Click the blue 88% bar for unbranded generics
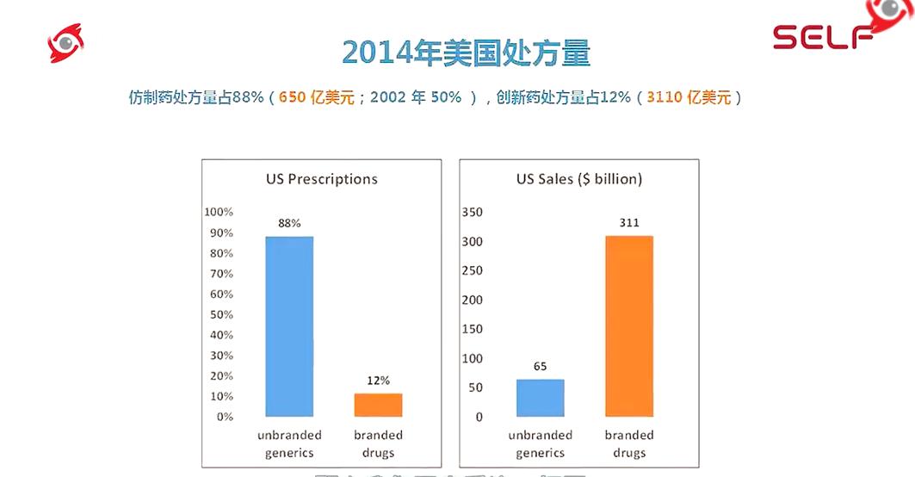coord(289,326)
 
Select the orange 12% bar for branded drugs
coord(378,405)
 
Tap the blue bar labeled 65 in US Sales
coord(540,398)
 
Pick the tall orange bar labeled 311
coord(629,326)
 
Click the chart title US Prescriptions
coord(321,179)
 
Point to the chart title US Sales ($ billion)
coord(578,179)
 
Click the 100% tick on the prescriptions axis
coord(219,212)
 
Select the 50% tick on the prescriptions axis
coord(220,314)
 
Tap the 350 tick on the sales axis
coord(473,212)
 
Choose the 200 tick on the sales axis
coord(473,300)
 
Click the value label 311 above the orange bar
coord(629,223)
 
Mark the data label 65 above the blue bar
coord(540,367)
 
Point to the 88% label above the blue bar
coord(289,223)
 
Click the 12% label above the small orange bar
coord(378,380)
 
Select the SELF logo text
coord(822,37)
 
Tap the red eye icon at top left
coord(65,42)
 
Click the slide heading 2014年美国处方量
coord(466,53)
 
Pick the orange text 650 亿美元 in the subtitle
coord(317,97)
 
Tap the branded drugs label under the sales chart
coord(629,443)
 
